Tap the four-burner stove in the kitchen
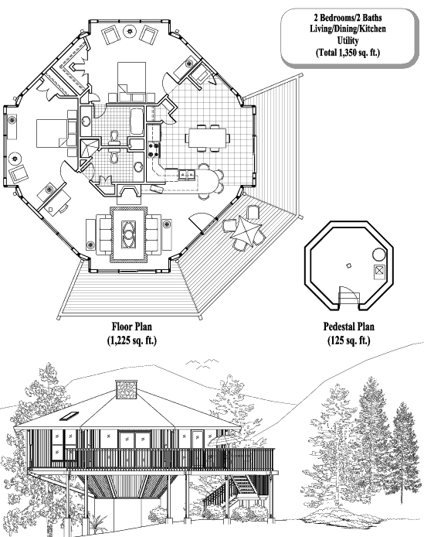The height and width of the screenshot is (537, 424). point(154,146)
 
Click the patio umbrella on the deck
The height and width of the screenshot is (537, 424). point(243,231)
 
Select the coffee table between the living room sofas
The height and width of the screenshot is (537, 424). point(128,230)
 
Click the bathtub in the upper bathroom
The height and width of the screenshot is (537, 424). point(137,121)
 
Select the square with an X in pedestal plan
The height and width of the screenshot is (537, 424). point(379,272)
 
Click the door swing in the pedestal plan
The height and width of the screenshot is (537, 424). point(349,294)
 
